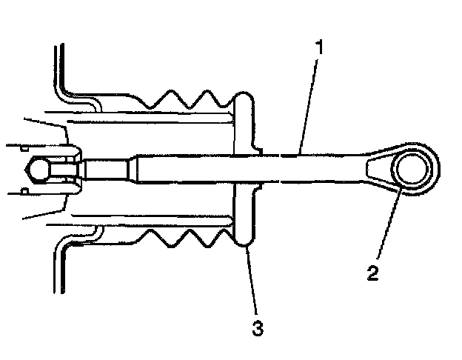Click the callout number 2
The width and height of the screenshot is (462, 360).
[x=373, y=272]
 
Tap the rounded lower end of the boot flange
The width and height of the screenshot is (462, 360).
[x=245, y=237]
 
